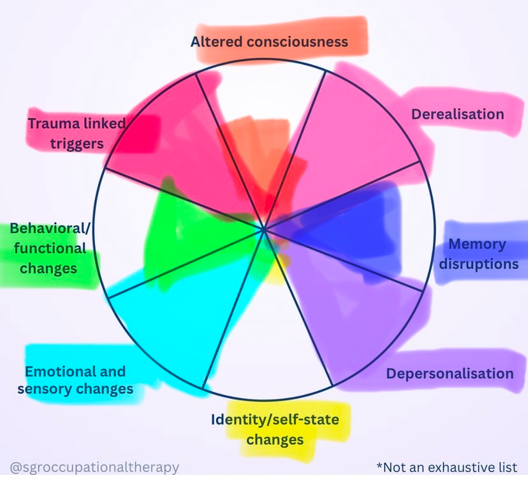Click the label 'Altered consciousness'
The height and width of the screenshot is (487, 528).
269,42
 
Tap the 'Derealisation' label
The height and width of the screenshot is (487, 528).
457,114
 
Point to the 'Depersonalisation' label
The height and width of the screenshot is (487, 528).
450,373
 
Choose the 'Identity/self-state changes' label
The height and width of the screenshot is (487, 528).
275,430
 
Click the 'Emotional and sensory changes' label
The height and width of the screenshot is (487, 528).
75,380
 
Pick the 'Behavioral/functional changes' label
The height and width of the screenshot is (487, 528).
48,248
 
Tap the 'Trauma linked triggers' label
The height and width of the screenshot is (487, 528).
77,133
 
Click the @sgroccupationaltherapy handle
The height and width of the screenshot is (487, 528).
94,468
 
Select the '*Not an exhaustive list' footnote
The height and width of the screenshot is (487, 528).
446,468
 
